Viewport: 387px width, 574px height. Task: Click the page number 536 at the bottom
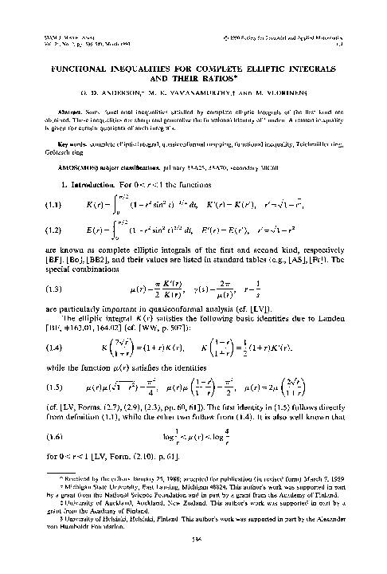coord(193,560)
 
